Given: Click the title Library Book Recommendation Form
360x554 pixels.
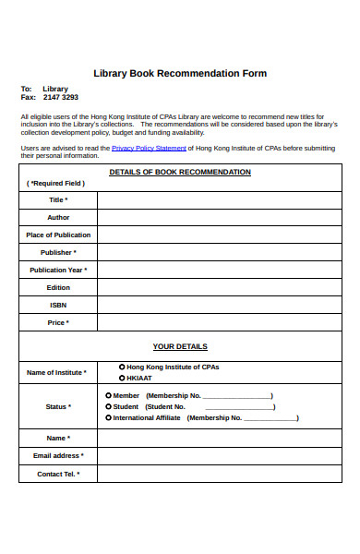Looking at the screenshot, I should [180, 73].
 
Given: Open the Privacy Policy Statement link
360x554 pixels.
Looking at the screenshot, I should [149, 148].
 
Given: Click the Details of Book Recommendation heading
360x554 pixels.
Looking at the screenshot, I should [180, 173].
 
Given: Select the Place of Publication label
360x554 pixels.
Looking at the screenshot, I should [58, 235].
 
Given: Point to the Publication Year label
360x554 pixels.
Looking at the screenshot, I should [58, 271].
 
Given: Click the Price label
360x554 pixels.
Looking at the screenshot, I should [58, 322].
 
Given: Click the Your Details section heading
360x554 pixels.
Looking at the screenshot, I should [180, 347].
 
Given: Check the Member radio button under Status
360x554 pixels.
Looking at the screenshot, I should [108, 395].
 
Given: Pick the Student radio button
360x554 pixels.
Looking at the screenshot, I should [108, 406].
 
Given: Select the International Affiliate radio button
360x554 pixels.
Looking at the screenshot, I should [108, 417].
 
